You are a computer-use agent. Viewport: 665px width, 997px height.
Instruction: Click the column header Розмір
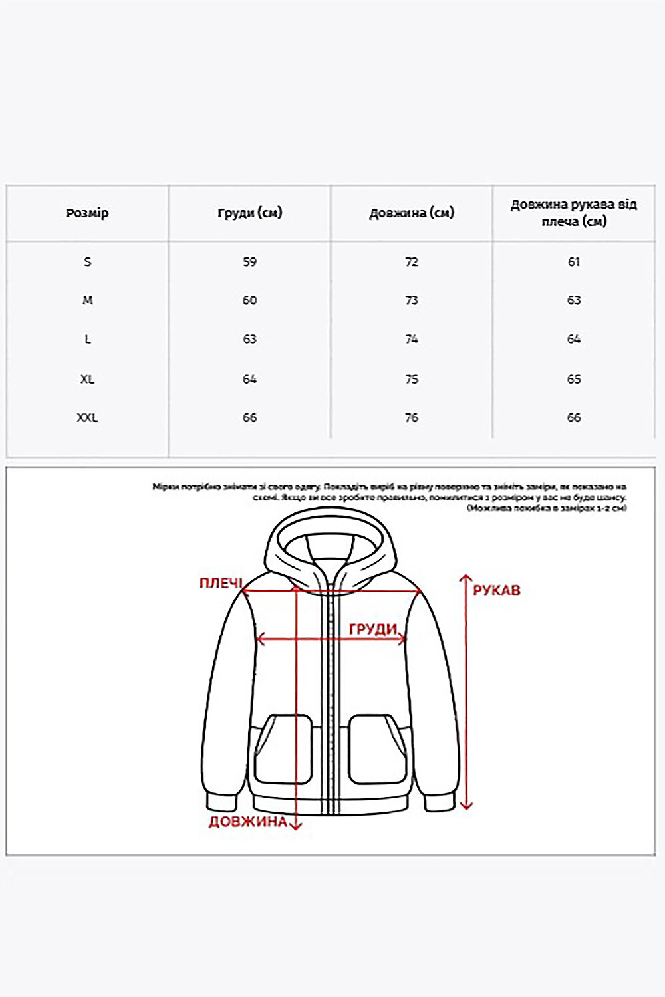pos(87,213)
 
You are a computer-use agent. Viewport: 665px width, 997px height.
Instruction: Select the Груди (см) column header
pos(249,213)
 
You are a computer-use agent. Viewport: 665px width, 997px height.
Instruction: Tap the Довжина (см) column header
pos(412,213)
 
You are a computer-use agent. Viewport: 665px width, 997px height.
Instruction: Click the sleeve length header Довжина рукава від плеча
pos(573,213)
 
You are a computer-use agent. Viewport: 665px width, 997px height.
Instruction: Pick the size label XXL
pos(87,417)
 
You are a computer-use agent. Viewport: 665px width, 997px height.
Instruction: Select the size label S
pos(87,261)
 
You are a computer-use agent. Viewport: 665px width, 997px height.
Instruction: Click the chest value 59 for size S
pos(249,261)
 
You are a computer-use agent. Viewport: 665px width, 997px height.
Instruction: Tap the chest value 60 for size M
pos(249,300)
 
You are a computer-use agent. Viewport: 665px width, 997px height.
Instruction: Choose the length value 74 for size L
pos(412,339)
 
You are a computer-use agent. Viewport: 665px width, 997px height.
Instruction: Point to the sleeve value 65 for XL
pos(574,379)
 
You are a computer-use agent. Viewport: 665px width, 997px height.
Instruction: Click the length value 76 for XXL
pos(412,417)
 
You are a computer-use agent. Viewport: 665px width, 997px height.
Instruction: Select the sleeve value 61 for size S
pos(574,261)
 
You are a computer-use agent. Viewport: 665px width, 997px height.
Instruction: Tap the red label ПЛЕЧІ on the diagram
pos(221,583)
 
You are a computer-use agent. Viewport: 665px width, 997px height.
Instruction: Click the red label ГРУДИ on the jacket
pos(372,629)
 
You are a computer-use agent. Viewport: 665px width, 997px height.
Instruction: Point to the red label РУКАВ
pos(497,590)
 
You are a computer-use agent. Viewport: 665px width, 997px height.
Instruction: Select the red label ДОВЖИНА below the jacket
pos(247,822)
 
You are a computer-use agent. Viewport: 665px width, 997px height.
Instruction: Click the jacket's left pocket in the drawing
pos(283,749)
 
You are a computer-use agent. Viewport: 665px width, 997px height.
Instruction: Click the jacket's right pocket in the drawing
pos(377,749)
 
